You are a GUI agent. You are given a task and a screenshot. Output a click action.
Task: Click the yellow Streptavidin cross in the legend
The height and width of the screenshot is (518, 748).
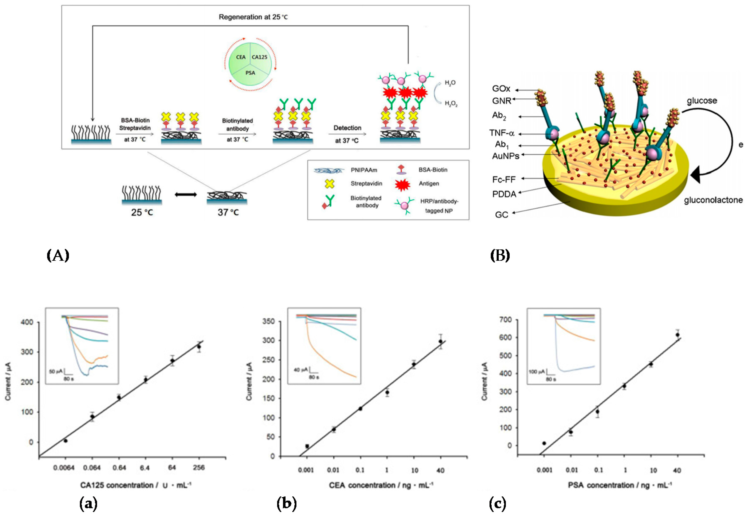tap(329, 184)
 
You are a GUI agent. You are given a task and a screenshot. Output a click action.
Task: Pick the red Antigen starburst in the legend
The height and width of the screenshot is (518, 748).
tap(402, 184)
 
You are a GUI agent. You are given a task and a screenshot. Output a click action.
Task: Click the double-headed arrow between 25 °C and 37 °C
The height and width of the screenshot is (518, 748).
tap(185, 195)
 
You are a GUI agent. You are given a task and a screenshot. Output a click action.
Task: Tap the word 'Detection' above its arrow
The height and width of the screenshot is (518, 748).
tap(347, 128)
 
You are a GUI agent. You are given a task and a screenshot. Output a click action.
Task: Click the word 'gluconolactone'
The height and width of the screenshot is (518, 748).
tap(713, 200)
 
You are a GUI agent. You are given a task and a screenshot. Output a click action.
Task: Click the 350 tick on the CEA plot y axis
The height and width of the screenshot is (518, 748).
tap(269, 322)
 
